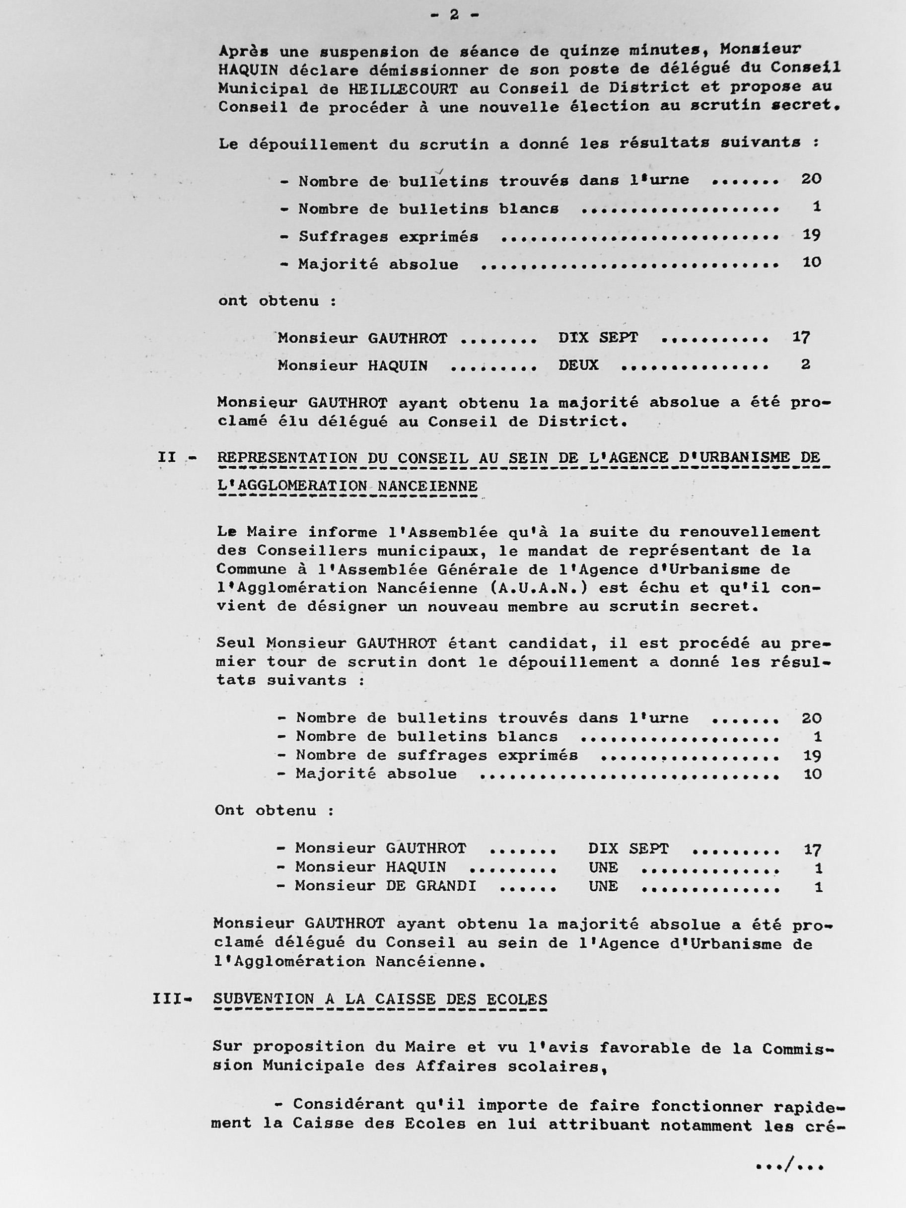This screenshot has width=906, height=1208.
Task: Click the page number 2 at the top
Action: point(454,15)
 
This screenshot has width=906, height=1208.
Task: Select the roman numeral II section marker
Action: point(167,457)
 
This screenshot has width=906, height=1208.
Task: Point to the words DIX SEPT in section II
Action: point(628,848)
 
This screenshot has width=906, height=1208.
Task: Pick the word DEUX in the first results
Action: point(578,365)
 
